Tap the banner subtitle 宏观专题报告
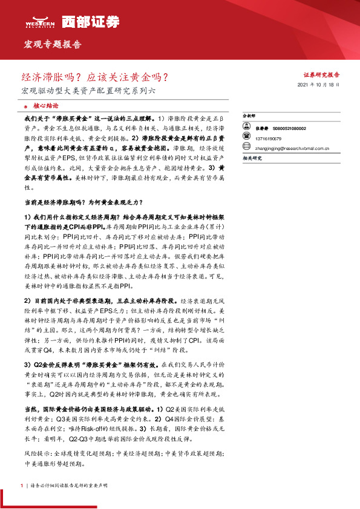51,45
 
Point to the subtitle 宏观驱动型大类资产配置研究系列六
88,91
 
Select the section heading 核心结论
45,105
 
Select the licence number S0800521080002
290,129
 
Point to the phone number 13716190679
269,137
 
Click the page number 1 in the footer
21,485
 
